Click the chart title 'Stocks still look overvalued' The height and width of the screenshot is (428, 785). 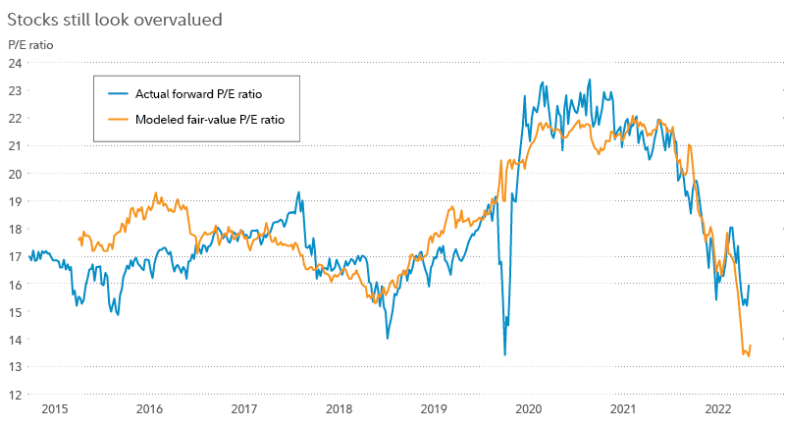click(114, 18)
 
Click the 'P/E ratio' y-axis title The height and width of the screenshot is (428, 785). click(30, 44)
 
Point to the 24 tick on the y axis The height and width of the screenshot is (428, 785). click(15, 63)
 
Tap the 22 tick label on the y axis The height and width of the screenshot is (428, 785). click(15, 118)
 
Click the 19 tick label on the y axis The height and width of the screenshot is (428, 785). click(15, 201)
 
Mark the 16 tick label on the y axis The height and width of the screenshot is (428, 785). click(15, 284)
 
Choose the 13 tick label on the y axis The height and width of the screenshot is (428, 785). click(15, 367)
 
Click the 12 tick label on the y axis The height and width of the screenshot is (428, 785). click(15, 395)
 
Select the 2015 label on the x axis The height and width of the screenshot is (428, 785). click(54, 409)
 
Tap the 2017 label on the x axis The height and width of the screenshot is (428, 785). click(244, 409)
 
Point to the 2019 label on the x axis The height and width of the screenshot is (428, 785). click(434, 409)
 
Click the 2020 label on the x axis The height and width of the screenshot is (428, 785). click(529, 409)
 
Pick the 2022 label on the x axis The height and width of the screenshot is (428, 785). click(718, 409)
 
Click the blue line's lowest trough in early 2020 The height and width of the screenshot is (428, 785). click(504, 355)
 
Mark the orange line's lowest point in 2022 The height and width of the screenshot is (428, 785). click(749, 355)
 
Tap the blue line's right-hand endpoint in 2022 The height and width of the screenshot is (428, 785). click(751, 285)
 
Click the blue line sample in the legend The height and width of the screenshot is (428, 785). click(119, 94)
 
